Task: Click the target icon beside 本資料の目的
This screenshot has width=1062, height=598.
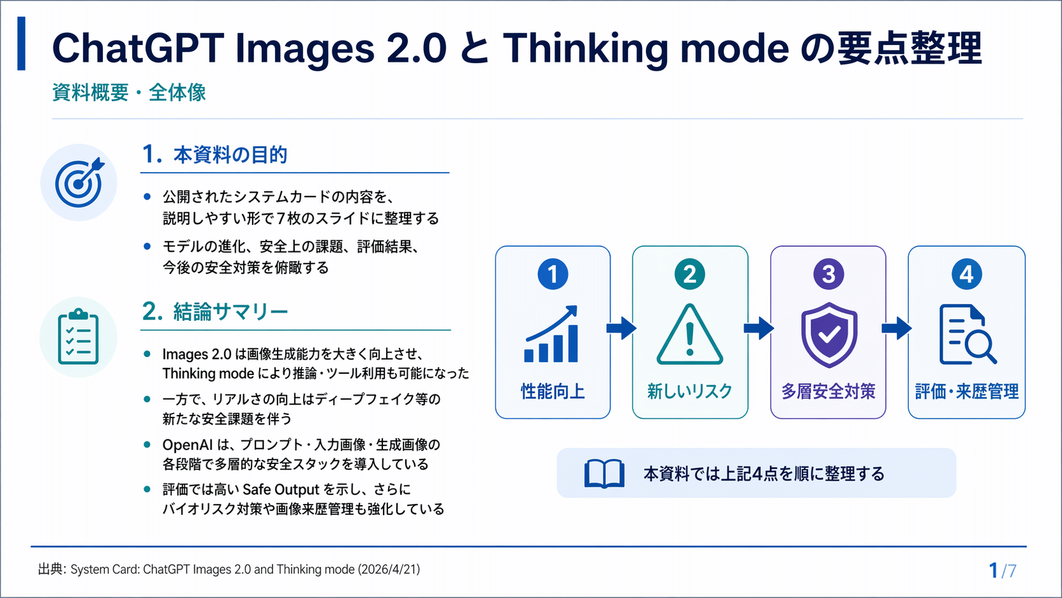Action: click(x=79, y=182)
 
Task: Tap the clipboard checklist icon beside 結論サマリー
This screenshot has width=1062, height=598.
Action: click(x=78, y=337)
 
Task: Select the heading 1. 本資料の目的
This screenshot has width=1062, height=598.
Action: click(x=215, y=154)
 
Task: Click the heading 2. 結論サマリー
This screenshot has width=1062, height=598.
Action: click(x=215, y=311)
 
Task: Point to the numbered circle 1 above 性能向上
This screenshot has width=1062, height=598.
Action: click(x=553, y=274)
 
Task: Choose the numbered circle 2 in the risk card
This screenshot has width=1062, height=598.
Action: click(x=690, y=274)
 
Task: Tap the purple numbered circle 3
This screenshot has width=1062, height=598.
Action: click(x=828, y=274)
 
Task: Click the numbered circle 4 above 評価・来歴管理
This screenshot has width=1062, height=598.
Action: click(x=967, y=274)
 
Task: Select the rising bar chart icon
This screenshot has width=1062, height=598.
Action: click(x=551, y=334)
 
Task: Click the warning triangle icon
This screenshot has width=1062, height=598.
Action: click(x=690, y=335)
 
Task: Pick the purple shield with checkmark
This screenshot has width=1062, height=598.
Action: click(x=829, y=335)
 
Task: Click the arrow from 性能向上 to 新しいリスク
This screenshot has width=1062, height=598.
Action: click(x=621, y=328)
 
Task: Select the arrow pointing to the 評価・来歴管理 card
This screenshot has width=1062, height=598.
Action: click(x=896, y=328)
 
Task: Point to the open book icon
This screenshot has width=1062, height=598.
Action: click(x=605, y=473)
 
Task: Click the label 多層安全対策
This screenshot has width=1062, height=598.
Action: click(x=828, y=391)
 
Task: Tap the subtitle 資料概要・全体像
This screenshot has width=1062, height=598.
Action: click(x=129, y=92)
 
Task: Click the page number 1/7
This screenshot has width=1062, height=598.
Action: click(x=1002, y=571)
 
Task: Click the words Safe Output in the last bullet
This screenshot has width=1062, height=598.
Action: click(x=281, y=489)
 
